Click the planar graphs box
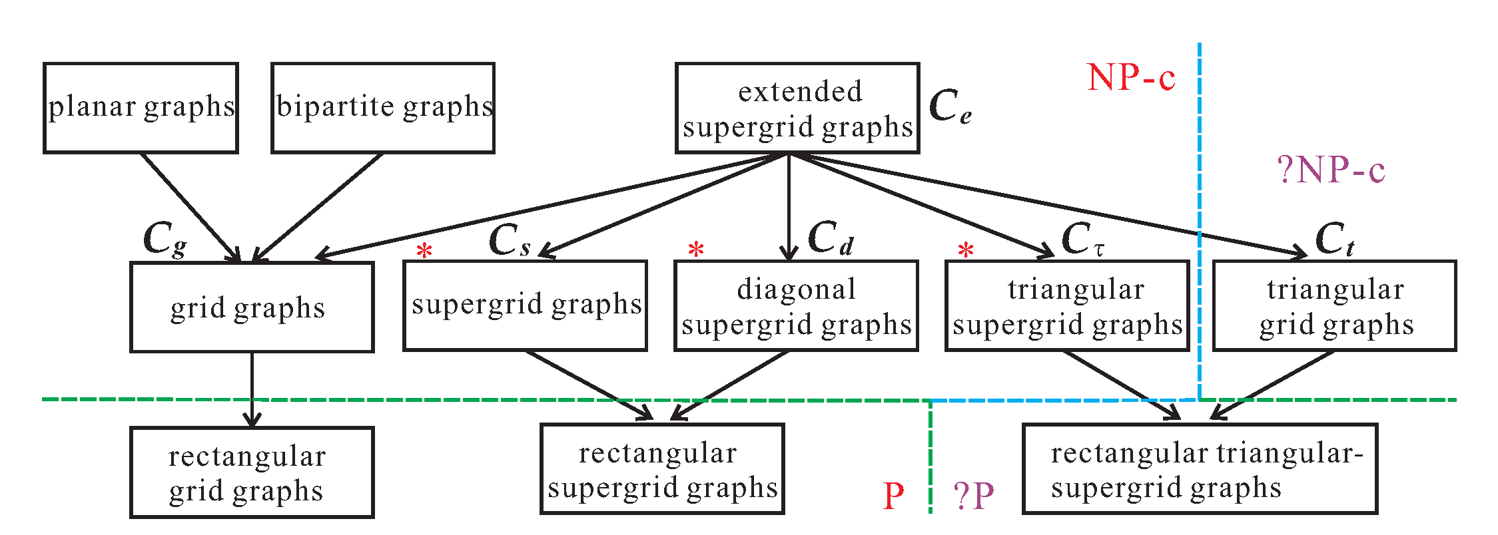tap(141, 108)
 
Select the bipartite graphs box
tap(383, 108)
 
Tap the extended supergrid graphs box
tap(797, 108)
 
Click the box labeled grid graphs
tap(252, 307)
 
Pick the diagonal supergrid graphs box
tap(796, 305)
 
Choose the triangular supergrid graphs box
tap(1067, 305)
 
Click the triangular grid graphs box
tap(1334, 305)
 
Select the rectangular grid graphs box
tap(252, 472)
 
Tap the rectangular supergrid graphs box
tap(662, 469)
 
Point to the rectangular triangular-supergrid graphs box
tap(1200, 469)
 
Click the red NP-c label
tap(1131, 78)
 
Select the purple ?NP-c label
tap(1331, 170)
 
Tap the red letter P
tap(893, 496)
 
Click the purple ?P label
tap(973, 496)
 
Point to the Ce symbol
tap(950, 106)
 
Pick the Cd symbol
tap(830, 239)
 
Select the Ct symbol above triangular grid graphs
tap(1334, 239)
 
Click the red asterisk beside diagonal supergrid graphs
tap(696, 250)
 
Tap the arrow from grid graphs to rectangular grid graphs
tap(252, 389)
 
